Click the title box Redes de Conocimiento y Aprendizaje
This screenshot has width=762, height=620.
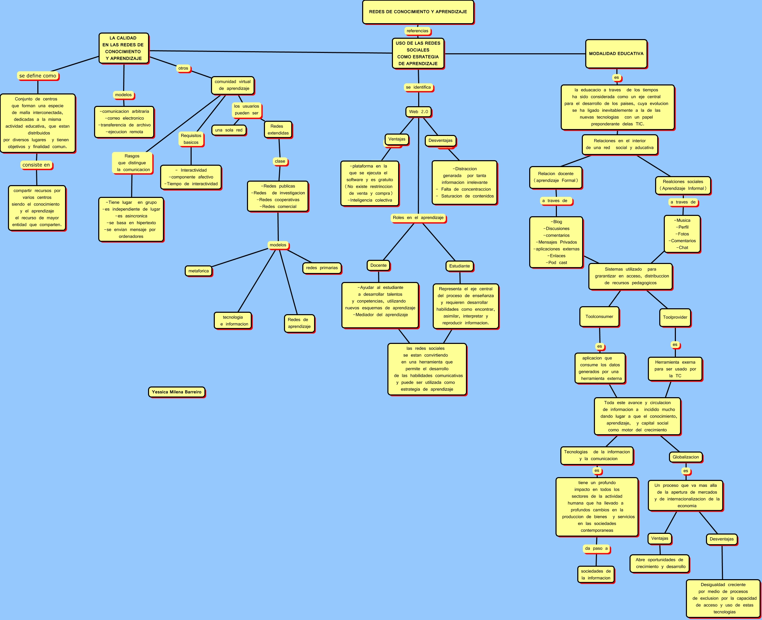(x=418, y=12)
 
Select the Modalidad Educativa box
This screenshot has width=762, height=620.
(x=616, y=54)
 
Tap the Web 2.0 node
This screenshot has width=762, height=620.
(x=419, y=112)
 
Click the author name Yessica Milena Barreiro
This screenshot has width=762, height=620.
(x=177, y=392)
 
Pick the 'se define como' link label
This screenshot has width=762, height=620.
(x=38, y=76)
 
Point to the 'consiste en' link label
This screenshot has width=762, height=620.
(x=36, y=165)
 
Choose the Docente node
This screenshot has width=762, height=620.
(x=378, y=265)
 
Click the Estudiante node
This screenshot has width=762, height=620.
(x=460, y=266)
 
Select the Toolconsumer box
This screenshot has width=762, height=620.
(x=599, y=317)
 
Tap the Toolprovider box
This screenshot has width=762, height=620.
(x=675, y=317)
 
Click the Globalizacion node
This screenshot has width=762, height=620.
(x=686, y=457)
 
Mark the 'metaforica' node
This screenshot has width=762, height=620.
(x=199, y=271)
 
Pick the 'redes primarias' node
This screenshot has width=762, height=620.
(x=322, y=268)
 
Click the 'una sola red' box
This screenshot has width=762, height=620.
(x=229, y=130)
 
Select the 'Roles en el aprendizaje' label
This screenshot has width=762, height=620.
(x=418, y=218)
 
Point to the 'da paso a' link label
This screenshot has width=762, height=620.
(x=596, y=549)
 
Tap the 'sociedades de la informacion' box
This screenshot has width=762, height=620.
(x=596, y=575)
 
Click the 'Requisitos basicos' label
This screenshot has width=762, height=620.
(x=191, y=139)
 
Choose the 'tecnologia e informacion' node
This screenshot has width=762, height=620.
(x=233, y=321)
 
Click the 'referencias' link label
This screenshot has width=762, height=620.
(x=417, y=31)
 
